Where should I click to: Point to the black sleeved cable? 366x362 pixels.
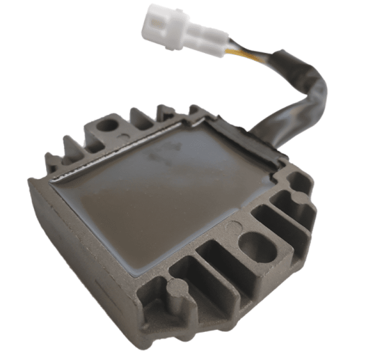302,91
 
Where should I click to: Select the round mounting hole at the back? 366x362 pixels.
108,124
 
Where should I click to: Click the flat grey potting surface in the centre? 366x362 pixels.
160,201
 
